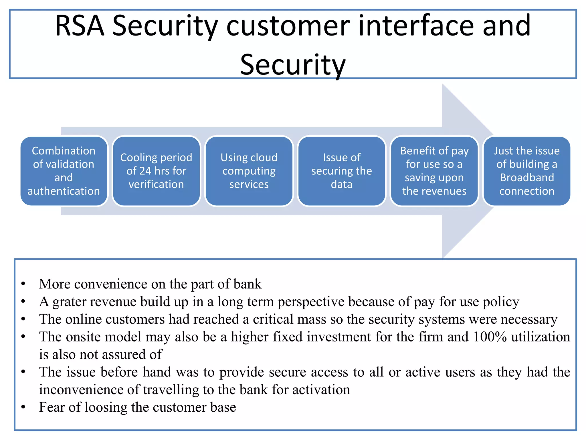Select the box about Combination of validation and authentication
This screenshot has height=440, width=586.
pyautogui.click(x=64, y=171)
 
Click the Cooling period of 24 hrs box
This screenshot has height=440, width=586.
pyautogui.click(x=156, y=171)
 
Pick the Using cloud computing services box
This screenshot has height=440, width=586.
pyautogui.click(x=249, y=171)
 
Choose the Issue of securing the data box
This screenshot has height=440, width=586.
pyautogui.click(x=342, y=171)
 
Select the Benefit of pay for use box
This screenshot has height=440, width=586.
pyautogui.click(x=434, y=171)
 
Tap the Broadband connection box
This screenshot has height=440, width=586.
pyautogui.click(x=527, y=171)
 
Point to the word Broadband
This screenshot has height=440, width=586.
pyautogui.click(x=527, y=178)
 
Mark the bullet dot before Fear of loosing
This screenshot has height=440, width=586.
pyautogui.click(x=23, y=407)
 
